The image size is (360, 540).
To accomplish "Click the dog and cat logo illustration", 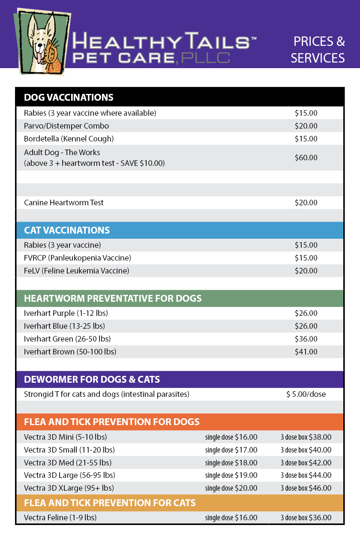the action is [x=42, y=42].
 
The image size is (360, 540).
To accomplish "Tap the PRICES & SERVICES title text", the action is [x=318, y=50].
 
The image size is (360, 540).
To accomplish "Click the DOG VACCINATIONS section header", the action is [x=69, y=97].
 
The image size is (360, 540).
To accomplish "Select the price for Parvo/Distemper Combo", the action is [x=306, y=126].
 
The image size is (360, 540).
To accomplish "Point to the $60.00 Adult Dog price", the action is [x=306, y=158].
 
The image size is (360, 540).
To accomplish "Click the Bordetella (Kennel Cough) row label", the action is [x=69, y=139].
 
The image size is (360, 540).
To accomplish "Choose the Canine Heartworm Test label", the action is [x=64, y=202].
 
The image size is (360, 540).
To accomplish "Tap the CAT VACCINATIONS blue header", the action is [x=67, y=230].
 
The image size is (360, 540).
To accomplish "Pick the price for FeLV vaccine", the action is [x=306, y=271].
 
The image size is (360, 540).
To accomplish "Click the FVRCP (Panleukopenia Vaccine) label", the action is [x=78, y=258].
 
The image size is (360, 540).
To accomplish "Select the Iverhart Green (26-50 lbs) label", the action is [x=67, y=339].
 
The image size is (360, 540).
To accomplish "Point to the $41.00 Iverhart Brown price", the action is [x=306, y=352].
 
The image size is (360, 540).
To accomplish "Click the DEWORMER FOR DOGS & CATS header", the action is [x=92, y=379].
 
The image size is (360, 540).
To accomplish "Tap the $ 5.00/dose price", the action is [x=306, y=394].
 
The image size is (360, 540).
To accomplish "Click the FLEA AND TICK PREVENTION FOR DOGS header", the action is [x=111, y=422].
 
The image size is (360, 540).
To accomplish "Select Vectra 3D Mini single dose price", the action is [x=231, y=437].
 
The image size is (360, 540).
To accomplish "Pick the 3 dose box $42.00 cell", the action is [x=306, y=463].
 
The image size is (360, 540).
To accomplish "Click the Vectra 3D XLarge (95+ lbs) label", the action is [x=69, y=488].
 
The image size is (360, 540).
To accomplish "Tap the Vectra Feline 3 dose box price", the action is [x=306, y=518].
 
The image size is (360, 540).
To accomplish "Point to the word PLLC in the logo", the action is [x=205, y=58].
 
